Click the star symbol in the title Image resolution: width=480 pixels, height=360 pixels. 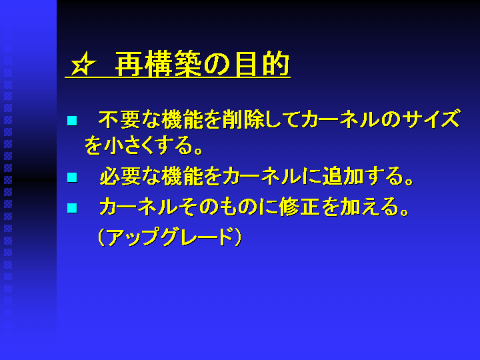point(83,64)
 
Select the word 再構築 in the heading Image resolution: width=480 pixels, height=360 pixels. point(158,64)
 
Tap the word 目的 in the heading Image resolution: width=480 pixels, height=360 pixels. point(263,64)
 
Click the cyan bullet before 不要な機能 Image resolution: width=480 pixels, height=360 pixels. point(72,121)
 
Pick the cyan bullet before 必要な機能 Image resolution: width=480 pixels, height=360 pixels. point(72,177)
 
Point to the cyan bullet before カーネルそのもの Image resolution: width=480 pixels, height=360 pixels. point(72,208)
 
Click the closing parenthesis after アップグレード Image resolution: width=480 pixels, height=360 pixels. point(238,237)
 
